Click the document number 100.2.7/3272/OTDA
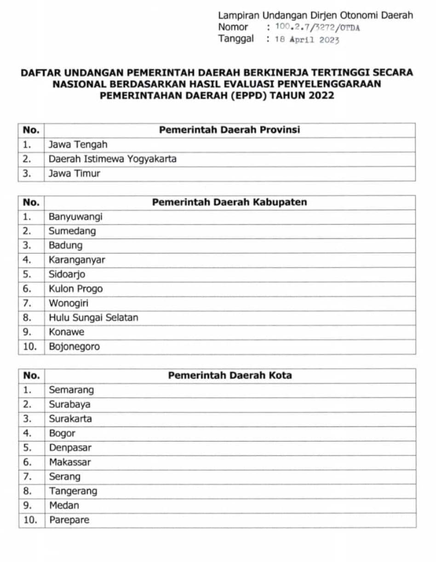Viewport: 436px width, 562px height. (x=317, y=28)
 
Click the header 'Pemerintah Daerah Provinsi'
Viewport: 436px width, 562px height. (x=229, y=130)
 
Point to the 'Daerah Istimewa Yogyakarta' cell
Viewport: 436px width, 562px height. (x=113, y=159)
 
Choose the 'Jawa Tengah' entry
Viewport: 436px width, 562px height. (x=78, y=145)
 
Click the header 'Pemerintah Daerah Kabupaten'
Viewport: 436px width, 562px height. (x=229, y=202)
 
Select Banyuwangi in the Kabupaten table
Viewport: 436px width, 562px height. (x=75, y=216)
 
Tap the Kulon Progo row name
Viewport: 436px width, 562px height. (x=76, y=289)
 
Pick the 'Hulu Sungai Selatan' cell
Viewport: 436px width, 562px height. (x=93, y=318)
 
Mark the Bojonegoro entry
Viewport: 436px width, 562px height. (x=75, y=346)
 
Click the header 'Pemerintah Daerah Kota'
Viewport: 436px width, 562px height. (x=229, y=375)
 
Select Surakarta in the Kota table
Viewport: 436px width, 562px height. (x=70, y=419)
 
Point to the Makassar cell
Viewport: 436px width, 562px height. (x=70, y=462)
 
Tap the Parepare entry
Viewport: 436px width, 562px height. (x=69, y=520)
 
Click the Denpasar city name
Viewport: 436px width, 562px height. (x=70, y=448)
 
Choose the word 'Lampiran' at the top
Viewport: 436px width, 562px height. (x=235, y=15)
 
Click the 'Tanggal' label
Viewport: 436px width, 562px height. (x=235, y=39)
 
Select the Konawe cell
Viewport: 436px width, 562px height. (x=67, y=332)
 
